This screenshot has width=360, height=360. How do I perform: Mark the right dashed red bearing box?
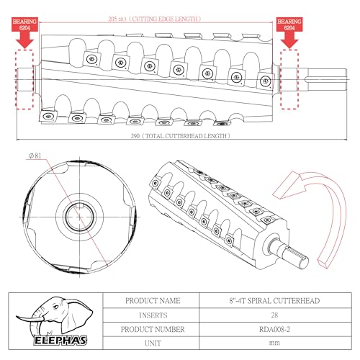point(289,79)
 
